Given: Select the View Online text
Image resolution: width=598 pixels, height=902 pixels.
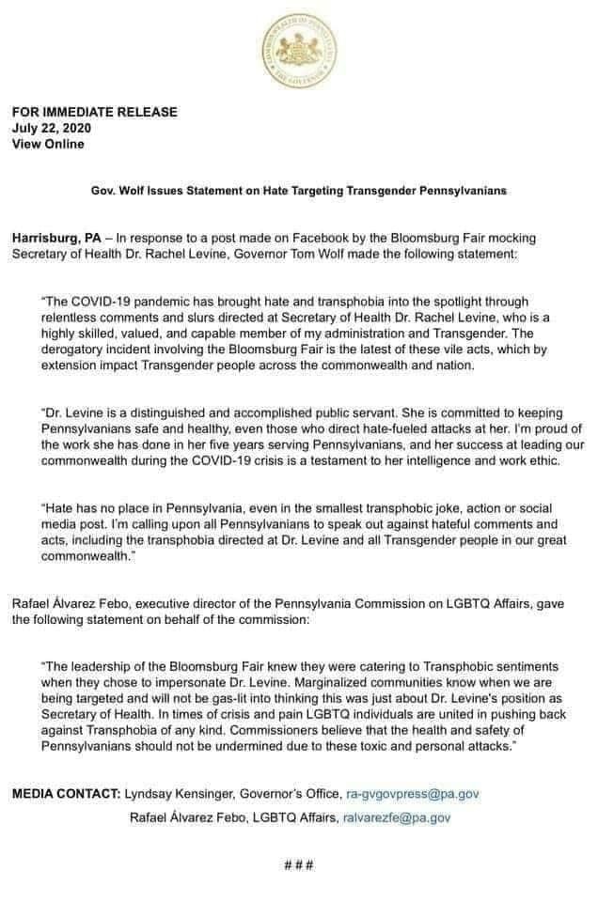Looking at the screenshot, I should click(48, 144).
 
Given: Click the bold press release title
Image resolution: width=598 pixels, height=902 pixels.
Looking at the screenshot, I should click(298, 190).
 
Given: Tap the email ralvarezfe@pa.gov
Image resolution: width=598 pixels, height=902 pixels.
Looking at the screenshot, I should click(395, 817).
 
